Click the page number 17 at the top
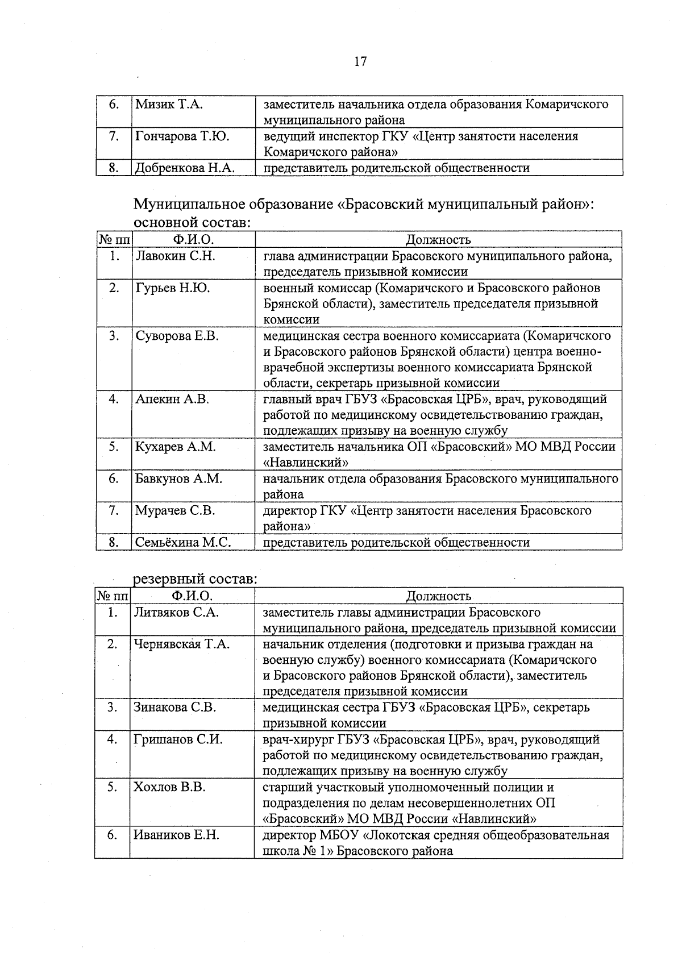(x=360, y=61)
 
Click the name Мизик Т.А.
(x=169, y=105)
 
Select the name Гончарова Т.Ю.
(x=182, y=136)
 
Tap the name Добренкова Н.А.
(x=185, y=168)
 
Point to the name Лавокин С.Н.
(x=175, y=256)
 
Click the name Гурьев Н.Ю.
(x=172, y=288)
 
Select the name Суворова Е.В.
(x=177, y=336)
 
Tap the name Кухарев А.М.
(x=176, y=447)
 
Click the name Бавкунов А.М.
(x=178, y=479)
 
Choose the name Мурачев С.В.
(x=175, y=511)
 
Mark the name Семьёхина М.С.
(x=183, y=543)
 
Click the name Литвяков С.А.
(x=176, y=613)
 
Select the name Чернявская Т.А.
(x=181, y=644)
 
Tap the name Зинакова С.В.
(x=174, y=708)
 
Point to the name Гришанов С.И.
(x=178, y=740)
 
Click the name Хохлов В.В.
(x=169, y=788)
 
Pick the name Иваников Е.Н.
(x=176, y=835)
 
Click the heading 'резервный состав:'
(x=196, y=580)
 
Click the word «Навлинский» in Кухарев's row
(x=306, y=463)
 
